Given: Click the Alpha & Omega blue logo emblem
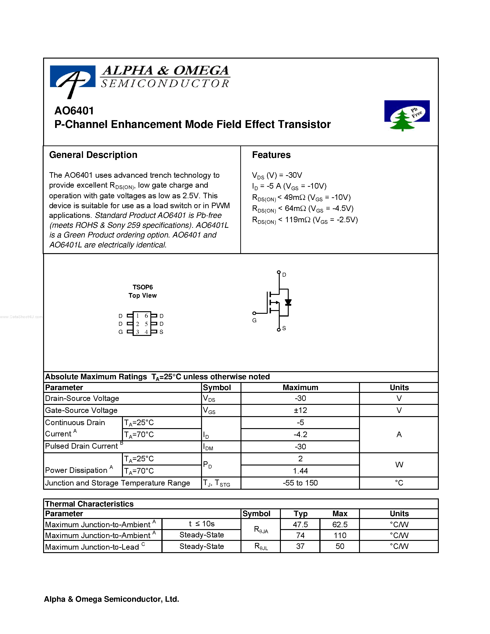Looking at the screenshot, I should tap(73, 78).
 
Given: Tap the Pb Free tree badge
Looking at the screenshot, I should tap(407, 115).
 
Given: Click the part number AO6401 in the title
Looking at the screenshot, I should tap(74, 111).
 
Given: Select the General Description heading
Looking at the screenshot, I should tap(93, 155).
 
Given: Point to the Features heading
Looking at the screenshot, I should tap(271, 155).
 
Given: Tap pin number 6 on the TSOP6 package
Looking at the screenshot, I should tap(146, 316).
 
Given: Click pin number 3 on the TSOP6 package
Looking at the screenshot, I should tap(138, 332).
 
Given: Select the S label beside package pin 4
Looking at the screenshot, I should tap(161, 332).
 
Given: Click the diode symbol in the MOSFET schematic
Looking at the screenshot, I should tap(288, 302).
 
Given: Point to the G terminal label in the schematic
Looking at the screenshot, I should tap(254, 320).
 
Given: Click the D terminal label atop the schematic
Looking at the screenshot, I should tap(284, 275).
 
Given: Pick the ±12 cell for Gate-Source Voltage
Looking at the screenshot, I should tap(300, 410).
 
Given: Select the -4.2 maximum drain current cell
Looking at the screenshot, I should tap(300, 435).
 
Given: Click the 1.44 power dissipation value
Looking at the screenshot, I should tap(300, 471).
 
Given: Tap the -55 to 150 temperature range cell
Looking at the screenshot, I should tap(300, 483).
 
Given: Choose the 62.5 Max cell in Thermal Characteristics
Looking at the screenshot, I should tap(340, 524).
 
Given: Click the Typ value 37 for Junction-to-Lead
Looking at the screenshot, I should tap(300, 546).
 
